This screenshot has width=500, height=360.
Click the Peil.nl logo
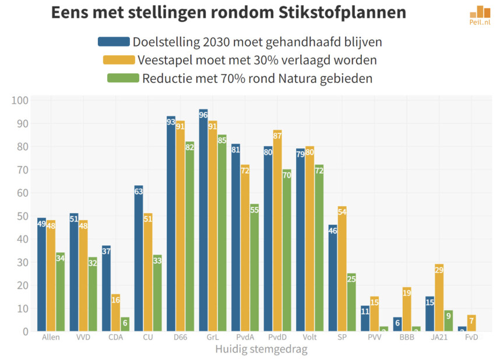(480, 15)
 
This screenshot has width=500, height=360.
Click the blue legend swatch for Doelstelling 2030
(114, 41)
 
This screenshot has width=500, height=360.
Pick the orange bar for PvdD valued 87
(277, 231)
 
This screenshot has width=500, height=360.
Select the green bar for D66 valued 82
(189, 237)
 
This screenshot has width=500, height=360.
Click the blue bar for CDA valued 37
(106, 288)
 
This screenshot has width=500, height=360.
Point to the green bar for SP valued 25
(351, 302)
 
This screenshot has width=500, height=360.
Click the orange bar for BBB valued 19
(407, 309)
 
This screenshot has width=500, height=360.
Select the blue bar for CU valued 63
(139, 259)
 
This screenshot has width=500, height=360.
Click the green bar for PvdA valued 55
(254, 268)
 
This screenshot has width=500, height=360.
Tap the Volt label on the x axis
(309, 337)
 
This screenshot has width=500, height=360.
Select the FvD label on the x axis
(471, 337)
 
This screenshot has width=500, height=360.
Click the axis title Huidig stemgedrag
(261, 350)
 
